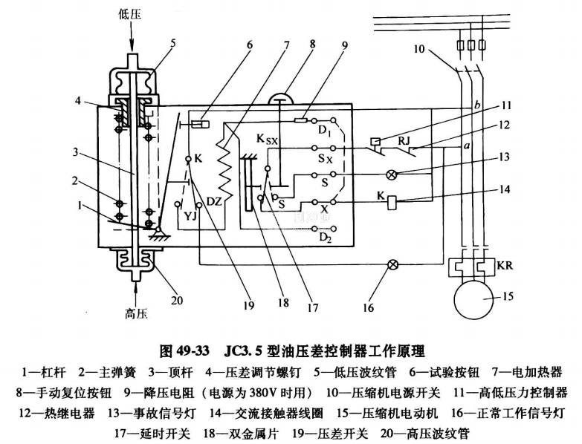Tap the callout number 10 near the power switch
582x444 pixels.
click(420, 50)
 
